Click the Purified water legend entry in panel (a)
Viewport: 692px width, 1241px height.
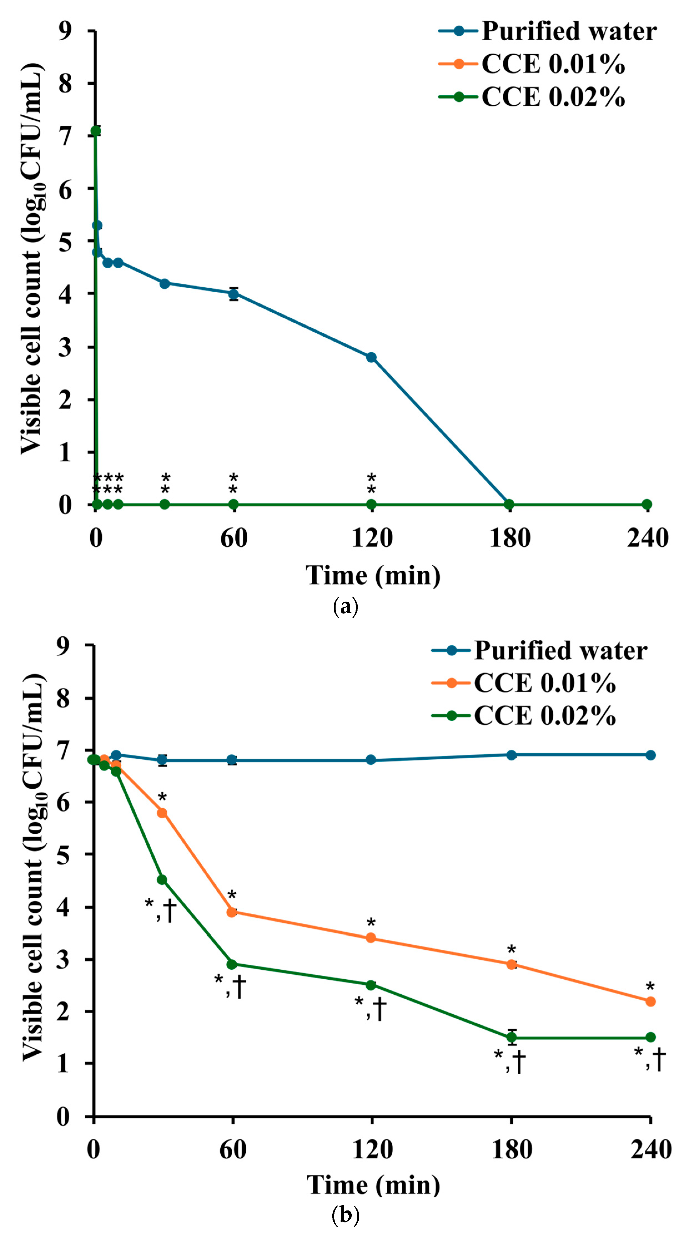[548, 31]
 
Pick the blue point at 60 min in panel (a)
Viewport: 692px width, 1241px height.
[233, 293]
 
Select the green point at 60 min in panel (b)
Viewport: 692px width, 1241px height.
[231, 964]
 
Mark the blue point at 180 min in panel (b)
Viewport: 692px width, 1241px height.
[511, 755]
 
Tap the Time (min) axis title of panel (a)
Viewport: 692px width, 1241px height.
[373, 576]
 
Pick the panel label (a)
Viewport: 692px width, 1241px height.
[346, 607]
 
